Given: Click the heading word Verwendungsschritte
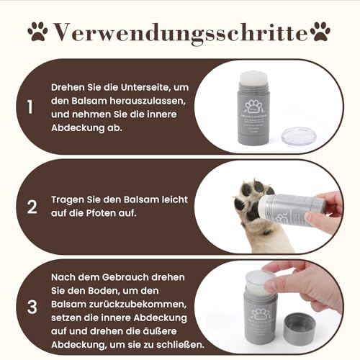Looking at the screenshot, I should point(180,32).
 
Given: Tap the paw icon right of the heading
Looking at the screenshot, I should point(322,31).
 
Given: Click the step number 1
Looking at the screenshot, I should point(30,108).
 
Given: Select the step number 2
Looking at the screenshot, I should point(31,207).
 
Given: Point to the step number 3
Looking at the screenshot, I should point(31,306).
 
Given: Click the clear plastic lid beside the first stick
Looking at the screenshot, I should point(298,136).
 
